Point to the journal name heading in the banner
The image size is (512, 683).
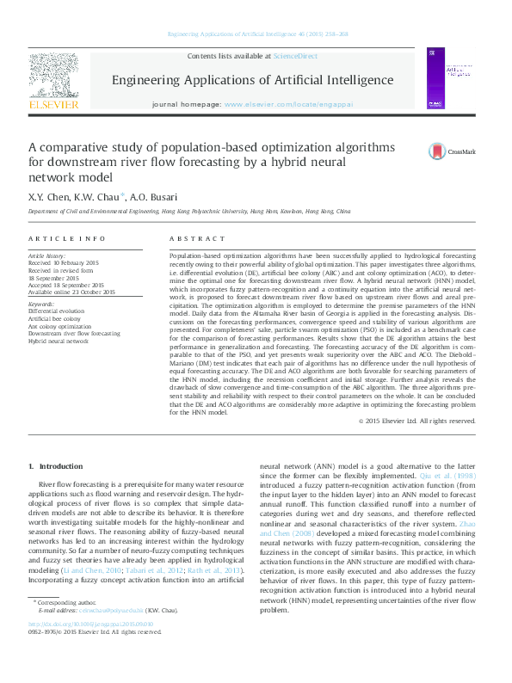(x=252, y=80)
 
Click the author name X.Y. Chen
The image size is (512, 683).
(x=51, y=195)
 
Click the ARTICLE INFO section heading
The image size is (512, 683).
(x=67, y=238)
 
